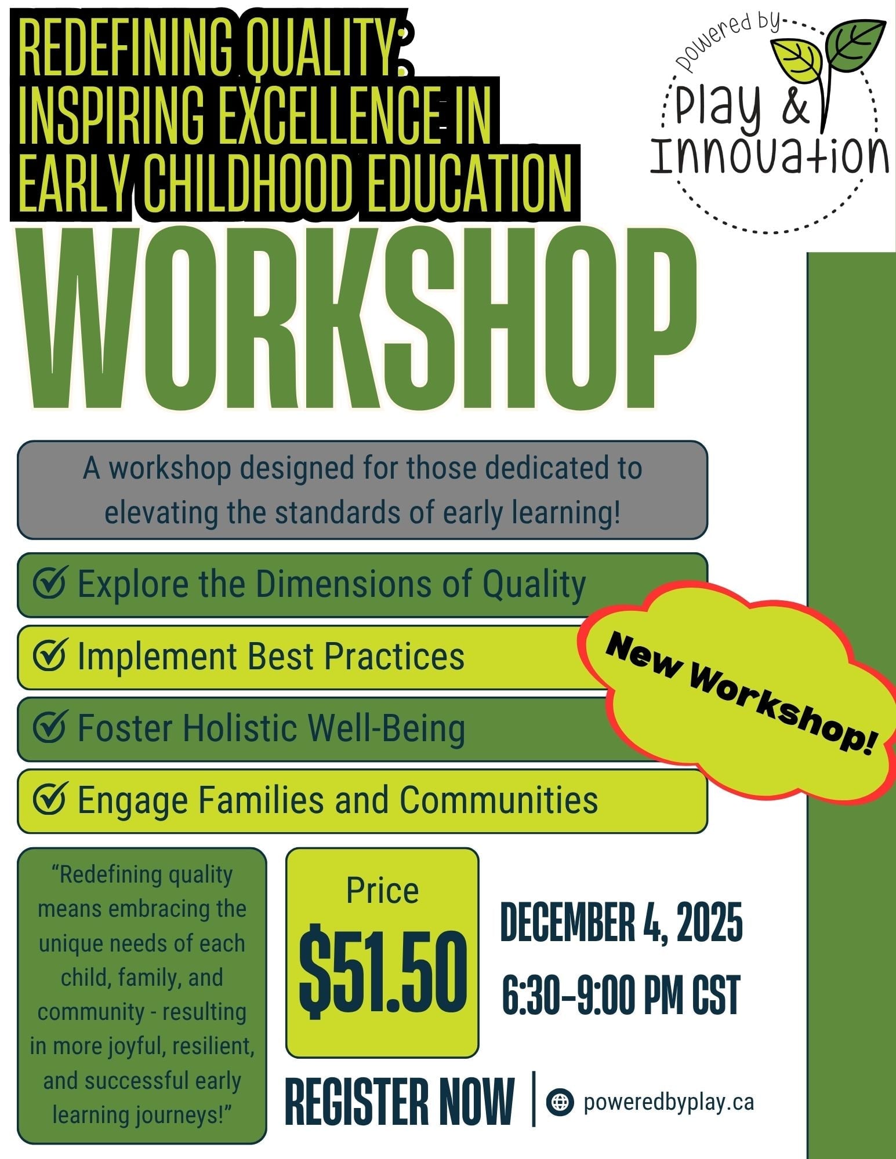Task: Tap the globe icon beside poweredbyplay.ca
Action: click(560, 1102)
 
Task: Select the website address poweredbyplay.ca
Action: click(669, 1102)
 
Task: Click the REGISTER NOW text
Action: click(400, 1102)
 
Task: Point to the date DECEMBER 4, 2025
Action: click(621, 922)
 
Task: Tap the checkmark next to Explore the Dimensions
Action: click(50, 583)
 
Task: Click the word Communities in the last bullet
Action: click(499, 800)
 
